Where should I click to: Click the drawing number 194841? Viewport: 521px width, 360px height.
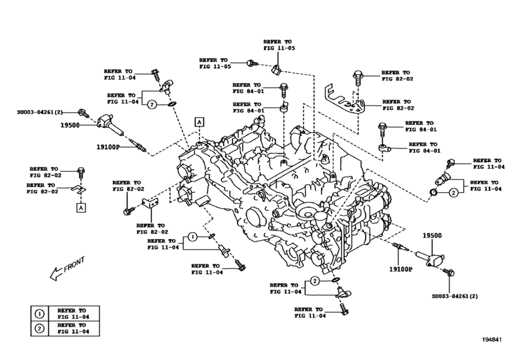[496, 350]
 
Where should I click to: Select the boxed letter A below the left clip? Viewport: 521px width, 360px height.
[82, 207]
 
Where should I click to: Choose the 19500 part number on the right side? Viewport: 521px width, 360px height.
[432, 236]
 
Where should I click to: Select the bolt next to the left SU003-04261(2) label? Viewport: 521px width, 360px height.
[82, 113]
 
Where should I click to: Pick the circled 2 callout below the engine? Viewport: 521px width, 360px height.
[315, 281]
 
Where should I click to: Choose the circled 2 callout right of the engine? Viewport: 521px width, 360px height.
[454, 192]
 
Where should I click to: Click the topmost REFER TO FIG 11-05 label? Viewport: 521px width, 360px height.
[279, 43]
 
